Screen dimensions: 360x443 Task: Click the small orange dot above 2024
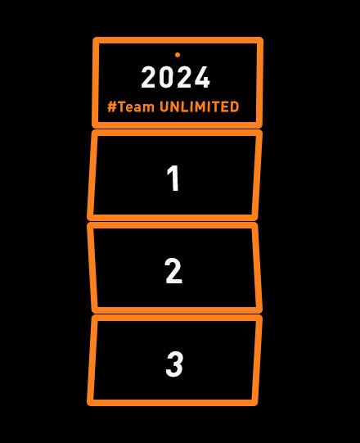point(178,55)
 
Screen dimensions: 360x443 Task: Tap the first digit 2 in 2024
point(149,77)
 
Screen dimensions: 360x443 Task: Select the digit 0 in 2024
point(167,77)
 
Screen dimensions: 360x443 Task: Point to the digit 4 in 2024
point(202,77)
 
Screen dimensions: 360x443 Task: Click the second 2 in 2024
point(184,77)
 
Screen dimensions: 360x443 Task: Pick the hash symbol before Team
point(112,106)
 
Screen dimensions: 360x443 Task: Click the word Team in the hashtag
point(136,106)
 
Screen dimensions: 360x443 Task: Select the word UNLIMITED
point(200,106)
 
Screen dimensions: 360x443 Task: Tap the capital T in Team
point(122,106)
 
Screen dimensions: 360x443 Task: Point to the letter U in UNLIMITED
point(164,106)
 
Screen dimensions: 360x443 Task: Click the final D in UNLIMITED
point(235,106)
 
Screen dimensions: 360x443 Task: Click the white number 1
point(173,178)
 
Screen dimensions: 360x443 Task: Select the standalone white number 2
point(173,271)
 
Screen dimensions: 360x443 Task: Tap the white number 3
point(174,364)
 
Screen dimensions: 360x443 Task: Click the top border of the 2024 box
point(178,40)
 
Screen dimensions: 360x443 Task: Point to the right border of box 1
point(257,175)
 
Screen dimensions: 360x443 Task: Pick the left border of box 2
point(92,268)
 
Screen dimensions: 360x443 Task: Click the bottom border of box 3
point(173,403)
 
